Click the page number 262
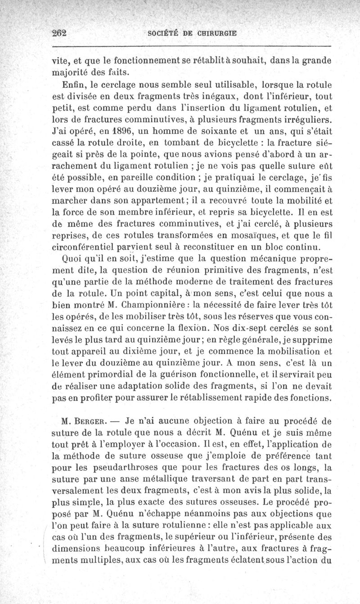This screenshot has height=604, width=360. [x=59, y=33]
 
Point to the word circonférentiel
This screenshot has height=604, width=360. [x=84, y=246]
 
